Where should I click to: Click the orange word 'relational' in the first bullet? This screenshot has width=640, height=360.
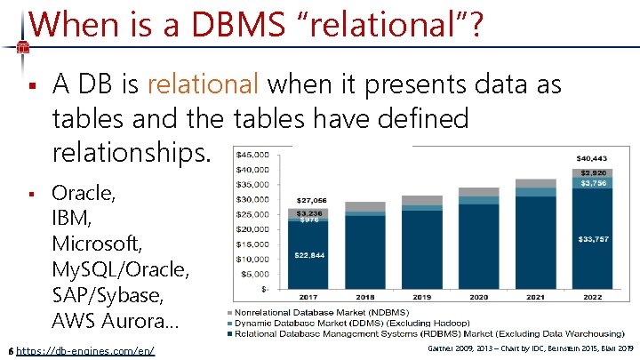pos(203,84)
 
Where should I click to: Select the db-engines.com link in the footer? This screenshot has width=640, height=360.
pos(85,351)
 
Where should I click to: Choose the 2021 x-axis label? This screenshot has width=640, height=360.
pos(535,297)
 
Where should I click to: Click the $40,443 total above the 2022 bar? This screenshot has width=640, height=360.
pos(593,157)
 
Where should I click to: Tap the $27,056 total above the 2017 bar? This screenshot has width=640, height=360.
pos(312,201)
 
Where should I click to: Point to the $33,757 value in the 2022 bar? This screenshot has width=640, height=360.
pos(593,239)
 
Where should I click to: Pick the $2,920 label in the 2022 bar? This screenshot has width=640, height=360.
pos(593,172)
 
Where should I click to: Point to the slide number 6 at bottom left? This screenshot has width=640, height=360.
pos(9,351)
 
